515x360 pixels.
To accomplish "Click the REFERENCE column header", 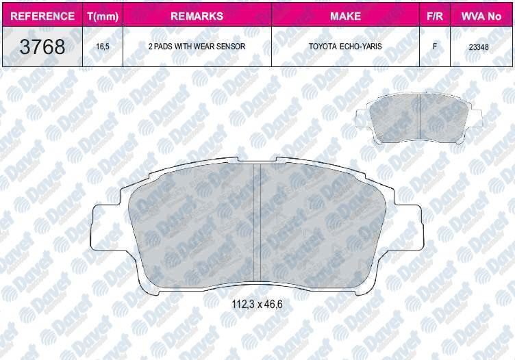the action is click(x=42, y=16).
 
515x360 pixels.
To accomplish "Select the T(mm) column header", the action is click(x=103, y=16).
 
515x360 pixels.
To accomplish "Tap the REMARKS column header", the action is click(x=197, y=16).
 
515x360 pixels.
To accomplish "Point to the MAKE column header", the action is click(x=346, y=16).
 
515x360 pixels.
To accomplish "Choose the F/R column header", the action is click(x=434, y=16).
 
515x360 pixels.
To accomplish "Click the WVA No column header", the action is click(x=481, y=16).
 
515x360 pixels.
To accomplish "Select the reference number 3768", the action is click(x=42, y=47).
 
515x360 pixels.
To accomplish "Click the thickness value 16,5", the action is click(x=103, y=47).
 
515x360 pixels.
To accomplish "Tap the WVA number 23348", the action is click(x=479, y=47).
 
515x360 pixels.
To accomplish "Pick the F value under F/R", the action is click(x=434, y=47).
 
